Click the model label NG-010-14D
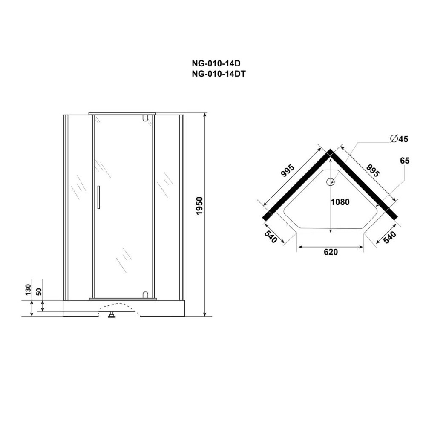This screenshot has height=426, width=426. (216, 63)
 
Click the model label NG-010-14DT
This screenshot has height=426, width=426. (219, 74)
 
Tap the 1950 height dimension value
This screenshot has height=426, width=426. (199, 206)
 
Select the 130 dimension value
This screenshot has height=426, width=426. (28, 290)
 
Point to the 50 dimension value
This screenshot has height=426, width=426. (39, 291)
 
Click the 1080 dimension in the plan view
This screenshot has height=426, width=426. (340, 202)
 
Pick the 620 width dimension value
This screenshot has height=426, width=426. (331, 252)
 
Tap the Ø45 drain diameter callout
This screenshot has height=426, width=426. (399, 139)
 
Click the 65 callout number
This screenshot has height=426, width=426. (405, 161)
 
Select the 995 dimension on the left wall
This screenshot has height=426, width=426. (288, 171)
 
